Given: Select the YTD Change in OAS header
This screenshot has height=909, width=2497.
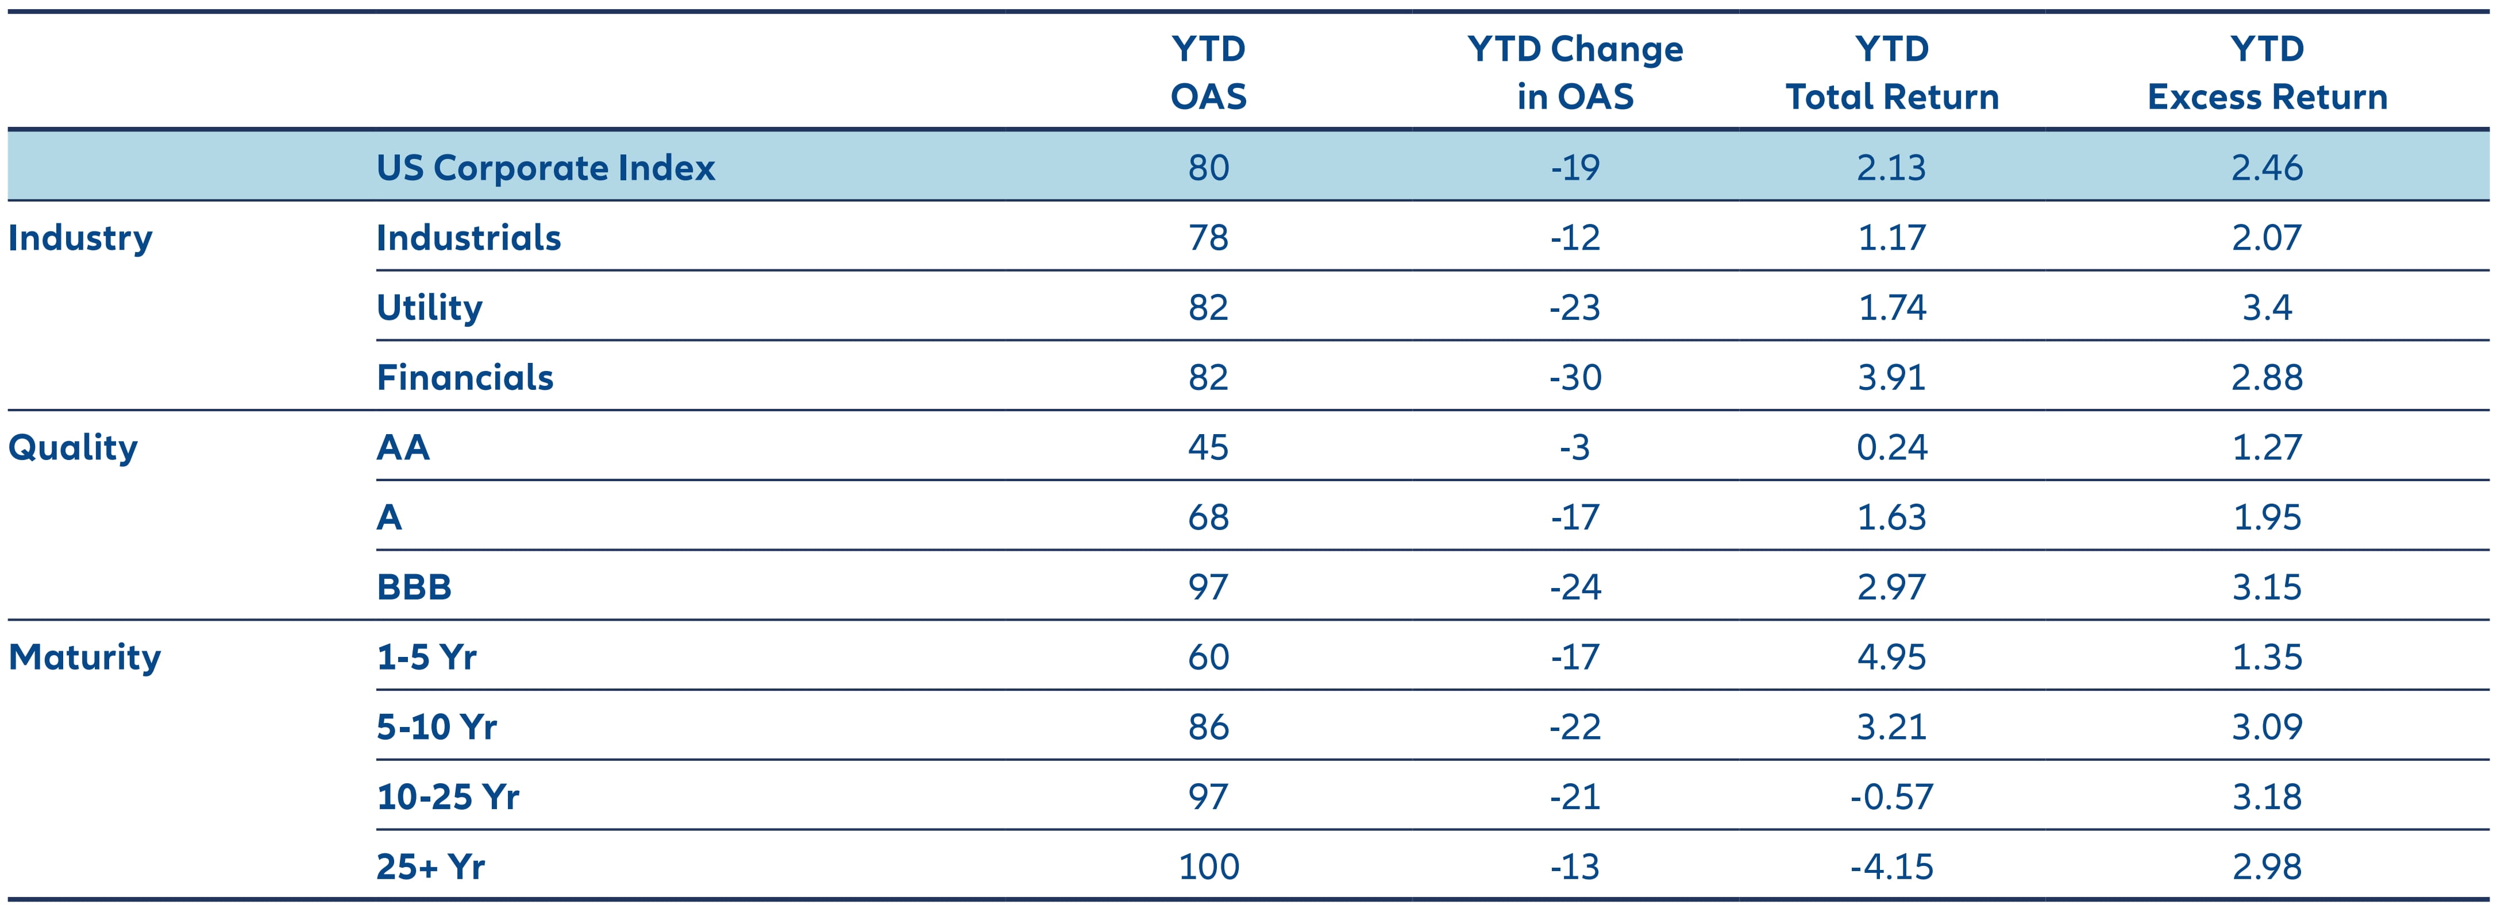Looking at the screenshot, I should [x=1575, y=73].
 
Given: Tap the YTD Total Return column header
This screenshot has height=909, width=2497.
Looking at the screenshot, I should [x=1891, y=73].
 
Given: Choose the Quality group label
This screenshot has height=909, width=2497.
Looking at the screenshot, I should [x=73, y=448].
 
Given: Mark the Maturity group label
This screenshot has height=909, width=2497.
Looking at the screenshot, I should [x=84, y=657].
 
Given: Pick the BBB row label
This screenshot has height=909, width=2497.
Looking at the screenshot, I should [x=414, y=587].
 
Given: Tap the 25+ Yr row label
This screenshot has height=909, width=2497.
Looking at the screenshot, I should [x=430, y=867].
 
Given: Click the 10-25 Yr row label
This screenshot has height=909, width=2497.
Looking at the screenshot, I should [x=448, y=796].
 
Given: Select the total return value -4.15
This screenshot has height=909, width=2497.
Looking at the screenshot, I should [x=1891, y=867].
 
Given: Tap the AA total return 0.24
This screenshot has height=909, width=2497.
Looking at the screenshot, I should [x=1891, y=448].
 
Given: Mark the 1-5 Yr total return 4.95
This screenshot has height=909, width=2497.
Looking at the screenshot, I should [x=1891, y=657].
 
